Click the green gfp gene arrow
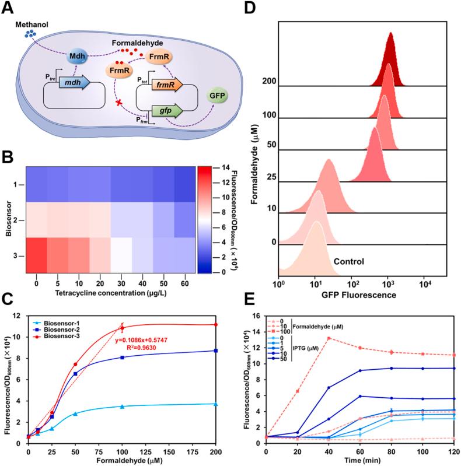pos(166,110)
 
